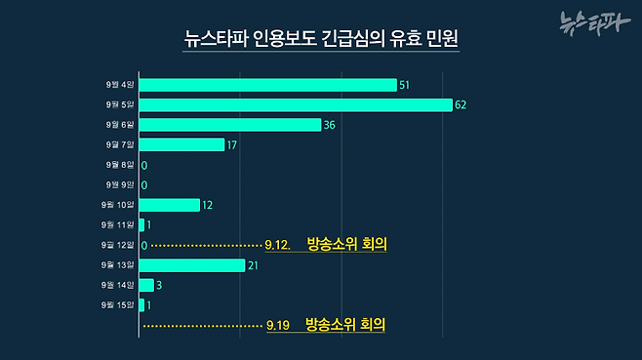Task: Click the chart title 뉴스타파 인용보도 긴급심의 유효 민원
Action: (321, 41)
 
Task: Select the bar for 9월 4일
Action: (268, 85)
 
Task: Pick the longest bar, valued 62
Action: (296, 104)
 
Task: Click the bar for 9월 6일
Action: (230, 125)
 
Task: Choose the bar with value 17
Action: (182, 144)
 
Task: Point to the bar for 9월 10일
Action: (170, 205)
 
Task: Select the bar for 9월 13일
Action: (192, 265)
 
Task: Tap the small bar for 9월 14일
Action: (146, 285)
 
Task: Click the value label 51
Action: (405, 86)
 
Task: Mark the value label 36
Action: (330, 125)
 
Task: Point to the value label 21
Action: (253, 265)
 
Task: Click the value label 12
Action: (208, 205)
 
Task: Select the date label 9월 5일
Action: (121, 104)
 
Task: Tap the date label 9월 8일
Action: (121, 165)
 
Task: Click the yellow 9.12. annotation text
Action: (279, 245)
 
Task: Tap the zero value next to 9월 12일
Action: (144, 245)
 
